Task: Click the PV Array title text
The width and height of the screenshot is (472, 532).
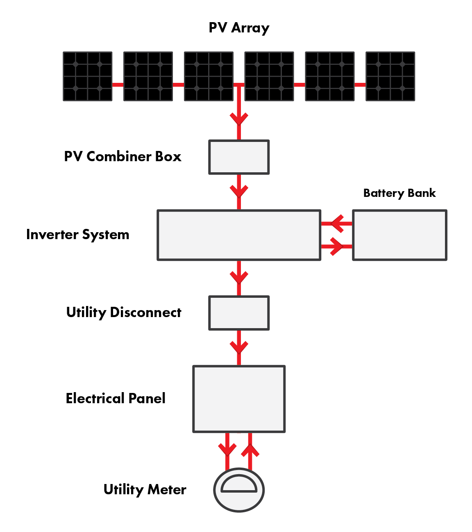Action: click(239, 28)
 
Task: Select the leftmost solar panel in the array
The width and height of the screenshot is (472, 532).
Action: click(88, 76)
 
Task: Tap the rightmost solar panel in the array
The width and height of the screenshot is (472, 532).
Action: click(390, 76)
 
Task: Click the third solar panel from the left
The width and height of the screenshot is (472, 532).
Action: click(209, 76)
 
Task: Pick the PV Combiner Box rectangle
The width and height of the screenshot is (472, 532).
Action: click(239, 157)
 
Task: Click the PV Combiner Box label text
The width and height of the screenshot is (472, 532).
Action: click(123, 157)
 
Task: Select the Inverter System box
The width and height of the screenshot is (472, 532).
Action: click(239, 235)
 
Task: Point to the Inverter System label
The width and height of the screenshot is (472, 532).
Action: click(78, 235)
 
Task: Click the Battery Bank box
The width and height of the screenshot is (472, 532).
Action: click(399, 235)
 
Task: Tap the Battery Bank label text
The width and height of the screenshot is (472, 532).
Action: click(399, 193)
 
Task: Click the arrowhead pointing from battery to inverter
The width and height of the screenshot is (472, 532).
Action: click(337, 224)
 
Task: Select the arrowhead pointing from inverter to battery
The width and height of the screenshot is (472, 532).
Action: click(336, 247)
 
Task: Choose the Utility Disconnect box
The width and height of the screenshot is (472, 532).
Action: click(239, 313)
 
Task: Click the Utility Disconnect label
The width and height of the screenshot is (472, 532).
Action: click(124, 313)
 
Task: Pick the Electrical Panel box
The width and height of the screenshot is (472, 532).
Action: click(239, 399)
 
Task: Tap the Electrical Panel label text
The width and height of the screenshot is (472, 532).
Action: click(116, 398)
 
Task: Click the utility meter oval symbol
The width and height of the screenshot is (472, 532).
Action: click(239, 490)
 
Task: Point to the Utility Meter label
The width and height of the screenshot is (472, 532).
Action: click(145, 490)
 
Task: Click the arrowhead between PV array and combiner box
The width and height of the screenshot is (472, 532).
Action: click(239, 119)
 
